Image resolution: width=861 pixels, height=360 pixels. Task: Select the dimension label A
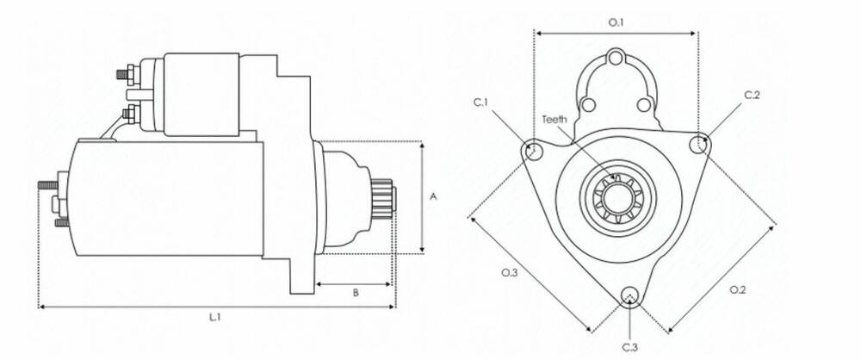pyautogui.click(x=433, y=196)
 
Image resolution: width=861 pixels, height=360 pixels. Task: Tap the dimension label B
pyautogui.click(x=356, y=293)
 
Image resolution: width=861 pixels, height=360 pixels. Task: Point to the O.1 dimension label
pyautogui.click(x=616, y=22)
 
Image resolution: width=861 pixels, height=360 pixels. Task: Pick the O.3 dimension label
pyautogui.click(x=510, y=273)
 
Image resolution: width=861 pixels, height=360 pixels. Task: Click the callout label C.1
pyautogui.click(x=481, y=102)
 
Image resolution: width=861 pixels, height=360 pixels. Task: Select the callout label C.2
pyautogui.click(x=752, y=95)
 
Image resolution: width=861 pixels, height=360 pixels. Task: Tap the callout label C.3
pyautogui.click(x=630, y=347)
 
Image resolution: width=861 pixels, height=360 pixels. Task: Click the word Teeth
pyautogui.click(x=554, y=119)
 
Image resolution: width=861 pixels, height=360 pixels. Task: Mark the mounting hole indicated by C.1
pyautogui.click(x=532, y=148)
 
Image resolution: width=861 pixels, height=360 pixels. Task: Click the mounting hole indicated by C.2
pyautogui.click(x=697, y=143)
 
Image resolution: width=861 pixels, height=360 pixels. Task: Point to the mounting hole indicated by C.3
pyautogui.click(x=629, y=295)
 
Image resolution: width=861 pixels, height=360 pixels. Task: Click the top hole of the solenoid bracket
pyautogui.click(x=616, y=59)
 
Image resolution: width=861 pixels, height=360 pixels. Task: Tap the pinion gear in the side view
pyautogui.click(x=383, y=196)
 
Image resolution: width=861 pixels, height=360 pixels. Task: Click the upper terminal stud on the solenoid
pyautogui.click(x=127, y=74)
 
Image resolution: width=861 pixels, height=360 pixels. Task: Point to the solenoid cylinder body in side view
pyautogui.click(x=201, y=94)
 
